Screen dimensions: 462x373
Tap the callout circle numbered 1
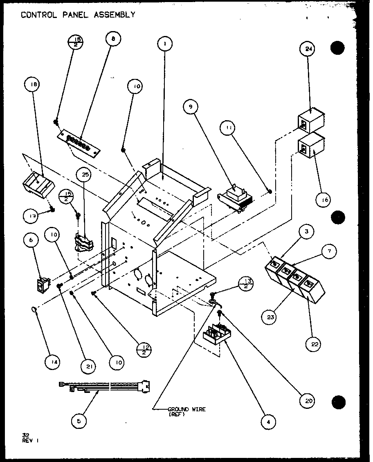(164, 43)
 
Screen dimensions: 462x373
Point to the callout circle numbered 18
(33, 85)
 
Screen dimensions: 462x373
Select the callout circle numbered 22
(313, 344)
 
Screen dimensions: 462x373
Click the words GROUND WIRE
(186, 409)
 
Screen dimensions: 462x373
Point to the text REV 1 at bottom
(30, 441)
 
